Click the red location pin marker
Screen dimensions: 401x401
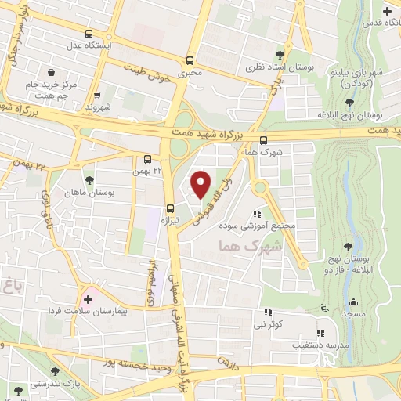tap(201, 184)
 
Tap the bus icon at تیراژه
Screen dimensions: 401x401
tap(170, 208)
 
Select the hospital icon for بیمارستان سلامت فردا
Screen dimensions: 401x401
tap(88, 299)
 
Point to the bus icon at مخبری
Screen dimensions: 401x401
tap(190, 61)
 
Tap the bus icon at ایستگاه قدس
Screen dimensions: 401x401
tap(387, 10)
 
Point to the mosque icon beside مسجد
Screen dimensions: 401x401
tap(353, 303)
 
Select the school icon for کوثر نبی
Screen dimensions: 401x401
tap(320, 309)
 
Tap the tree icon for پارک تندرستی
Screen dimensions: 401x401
tap(54, 371)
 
